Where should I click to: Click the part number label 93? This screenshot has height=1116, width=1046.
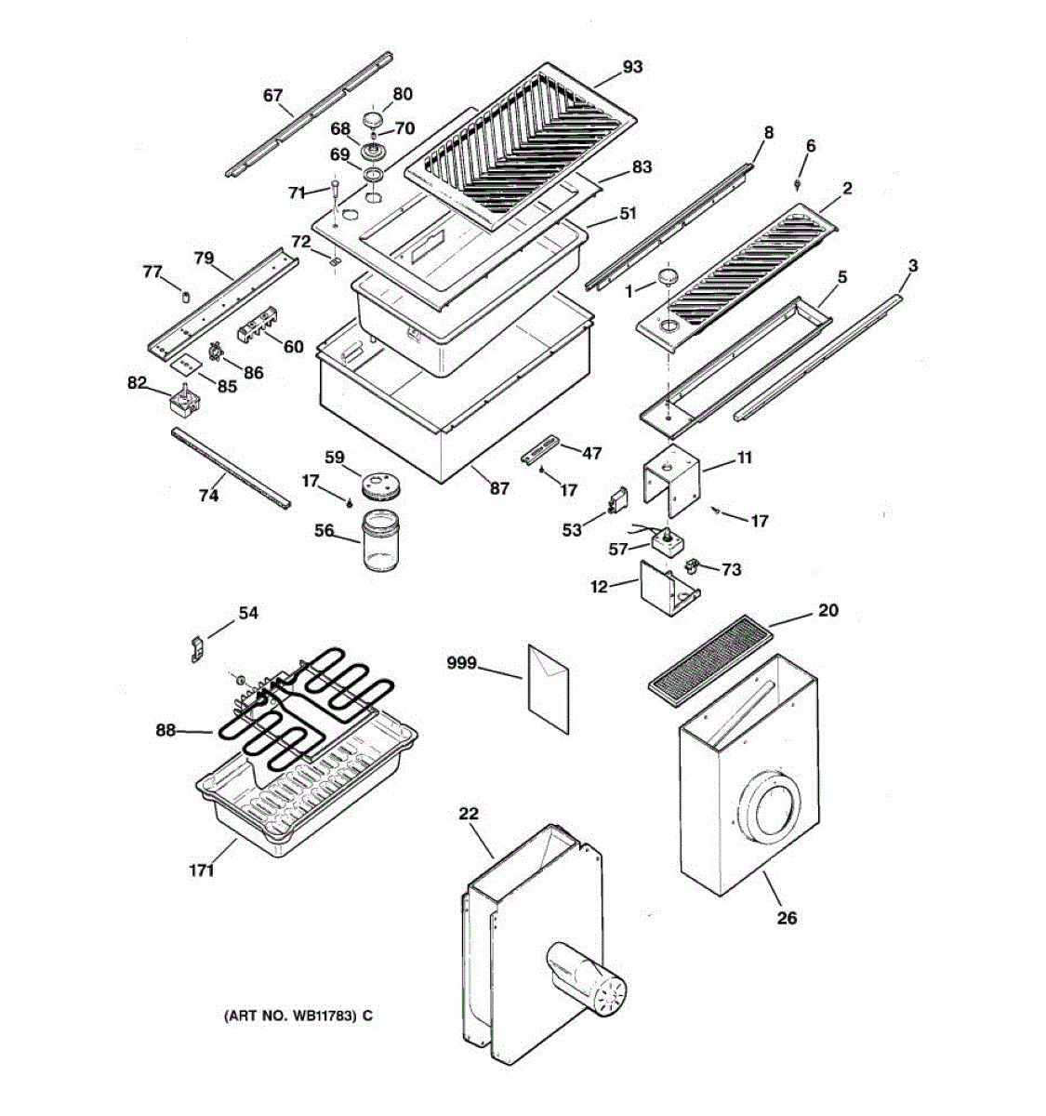(632, 67)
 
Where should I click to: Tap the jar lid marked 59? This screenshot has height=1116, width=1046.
(377, 485)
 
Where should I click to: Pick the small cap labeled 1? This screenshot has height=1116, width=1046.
(669, 277)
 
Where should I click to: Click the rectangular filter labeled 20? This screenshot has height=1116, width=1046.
(711, 655)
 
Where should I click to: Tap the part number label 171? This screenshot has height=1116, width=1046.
(201, 870)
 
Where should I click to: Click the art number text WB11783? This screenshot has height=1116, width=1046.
(298, 1016)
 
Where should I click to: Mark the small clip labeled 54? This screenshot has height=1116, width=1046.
(196, 649)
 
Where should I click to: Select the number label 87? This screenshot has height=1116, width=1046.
(499, 488)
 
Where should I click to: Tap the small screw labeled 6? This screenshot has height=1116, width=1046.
(798, 182)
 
